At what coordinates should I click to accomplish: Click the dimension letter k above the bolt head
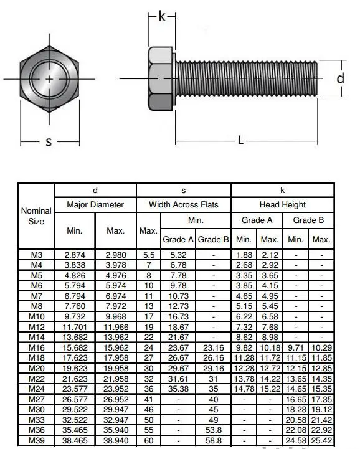(162, 17)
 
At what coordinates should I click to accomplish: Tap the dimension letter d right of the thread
(340, 78)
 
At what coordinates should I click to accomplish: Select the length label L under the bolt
(240, 140)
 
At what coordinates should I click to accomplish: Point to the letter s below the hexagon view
(49, 142)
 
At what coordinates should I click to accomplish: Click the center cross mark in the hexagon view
(49, 78)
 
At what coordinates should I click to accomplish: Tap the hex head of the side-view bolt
(162, 78)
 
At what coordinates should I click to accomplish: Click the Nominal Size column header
(36, 216)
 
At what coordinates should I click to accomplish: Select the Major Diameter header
(95, 204)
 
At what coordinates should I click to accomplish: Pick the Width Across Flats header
(183, 204)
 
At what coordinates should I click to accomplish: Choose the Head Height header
(282, 204)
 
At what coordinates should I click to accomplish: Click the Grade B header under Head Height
(308, 220)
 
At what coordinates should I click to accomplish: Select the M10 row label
(36, 316)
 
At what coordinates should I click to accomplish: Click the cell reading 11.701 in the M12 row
(75, 326)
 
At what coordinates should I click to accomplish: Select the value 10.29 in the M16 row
(321, 347)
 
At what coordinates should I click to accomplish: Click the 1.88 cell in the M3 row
(244, 255)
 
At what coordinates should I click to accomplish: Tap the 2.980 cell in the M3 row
(116, 255)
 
